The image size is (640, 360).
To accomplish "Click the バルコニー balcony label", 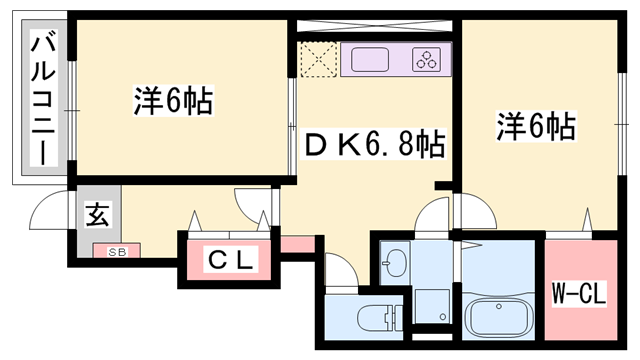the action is [x=43, y=98].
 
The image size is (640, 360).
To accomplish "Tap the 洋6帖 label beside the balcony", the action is [x=175, y=102].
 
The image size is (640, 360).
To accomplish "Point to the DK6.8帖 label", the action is [x=373, y=146].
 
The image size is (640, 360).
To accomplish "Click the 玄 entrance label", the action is [x=97, y=215].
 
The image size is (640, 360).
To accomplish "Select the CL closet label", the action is [x=231, y=262].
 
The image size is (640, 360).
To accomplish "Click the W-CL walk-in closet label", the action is [x=579, y=294].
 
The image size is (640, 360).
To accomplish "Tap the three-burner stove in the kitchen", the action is [x=428, y=59].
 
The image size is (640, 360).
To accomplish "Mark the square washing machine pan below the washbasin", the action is [x=432, y=304].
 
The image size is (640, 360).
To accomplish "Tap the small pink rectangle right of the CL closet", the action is [x=297, y=245].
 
